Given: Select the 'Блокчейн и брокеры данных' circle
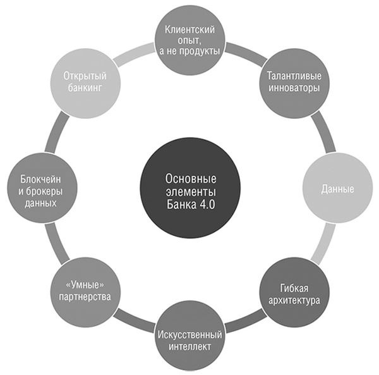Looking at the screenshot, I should tap(41, 188).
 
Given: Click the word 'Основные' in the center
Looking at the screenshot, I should tap(191, 178).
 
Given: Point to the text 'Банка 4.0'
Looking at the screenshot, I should tap(191, 202).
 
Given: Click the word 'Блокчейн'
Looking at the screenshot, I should tap(40, 176).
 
